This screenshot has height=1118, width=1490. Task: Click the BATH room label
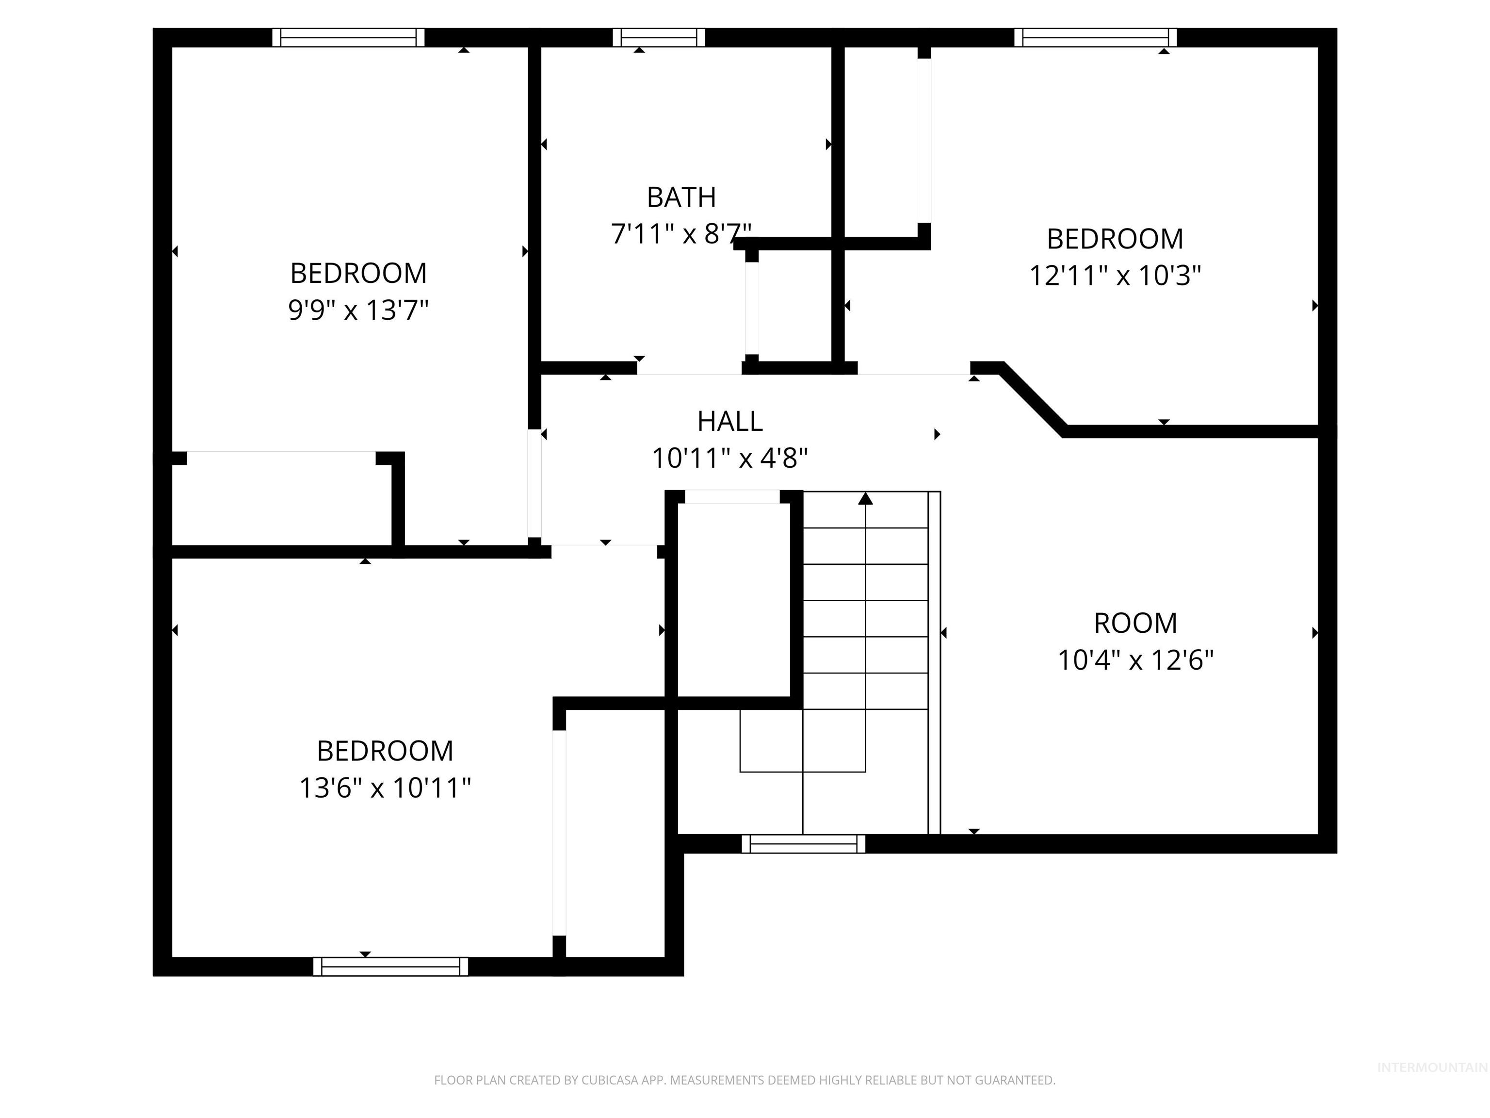pyautogui.click(x=681, y=197)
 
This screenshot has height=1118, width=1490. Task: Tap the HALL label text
pyautogui.click(x=729, y=421)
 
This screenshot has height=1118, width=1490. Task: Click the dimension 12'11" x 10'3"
pyautogui.click(x=1115, y=275)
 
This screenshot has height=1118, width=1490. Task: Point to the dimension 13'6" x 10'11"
pyautogui.click(x=385, y=787)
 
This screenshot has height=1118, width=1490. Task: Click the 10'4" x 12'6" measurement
pyautogui.click(x=1135, y=660)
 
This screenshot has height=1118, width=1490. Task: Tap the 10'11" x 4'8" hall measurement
pyautogui.click(x=729, y=458)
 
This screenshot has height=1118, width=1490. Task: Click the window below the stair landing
pyautogui.click(x=803, y=844)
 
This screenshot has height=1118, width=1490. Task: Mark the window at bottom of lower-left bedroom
pyautogui.click(x=390, y=967)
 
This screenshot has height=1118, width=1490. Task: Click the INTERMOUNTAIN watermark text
pyautogui.click(x=1431, y=1068)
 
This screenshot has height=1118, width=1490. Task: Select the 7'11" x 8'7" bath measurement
pyautogui.click(x=681, y=234)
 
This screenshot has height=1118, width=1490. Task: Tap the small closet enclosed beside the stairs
pyautogui.click(x=733, y=600)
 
